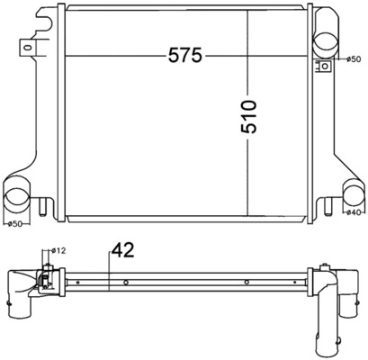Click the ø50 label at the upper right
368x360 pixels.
355,60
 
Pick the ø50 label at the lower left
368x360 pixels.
14,224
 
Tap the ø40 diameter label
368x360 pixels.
355,213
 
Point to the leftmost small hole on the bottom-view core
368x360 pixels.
80,283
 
